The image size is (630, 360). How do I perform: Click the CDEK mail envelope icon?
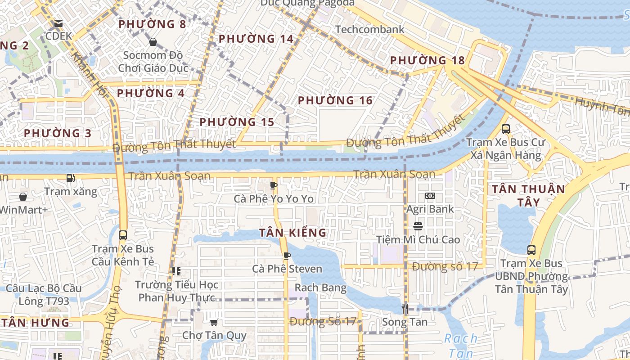coord(58,23)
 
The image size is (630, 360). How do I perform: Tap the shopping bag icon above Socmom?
coord(153,42)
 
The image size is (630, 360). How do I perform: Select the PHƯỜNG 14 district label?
coord(256,39)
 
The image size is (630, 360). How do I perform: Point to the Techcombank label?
coord(370,29)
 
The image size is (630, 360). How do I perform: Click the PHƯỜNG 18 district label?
coord(427,60)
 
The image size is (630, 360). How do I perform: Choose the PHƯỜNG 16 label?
coord(335,100)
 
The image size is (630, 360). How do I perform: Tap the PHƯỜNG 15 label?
coord(237,122)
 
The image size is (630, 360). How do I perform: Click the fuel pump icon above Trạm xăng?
coord(70,178)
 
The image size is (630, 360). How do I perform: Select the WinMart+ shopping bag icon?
coord(23,197)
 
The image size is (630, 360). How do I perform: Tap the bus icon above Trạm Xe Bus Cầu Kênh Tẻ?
coord(123,235)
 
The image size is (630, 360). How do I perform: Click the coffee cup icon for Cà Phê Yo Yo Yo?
coord(273,185)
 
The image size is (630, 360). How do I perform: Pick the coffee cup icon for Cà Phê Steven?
coord(287,256)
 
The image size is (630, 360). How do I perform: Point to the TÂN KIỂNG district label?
coord(292,233)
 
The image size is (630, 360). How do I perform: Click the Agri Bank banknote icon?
coord(430,196)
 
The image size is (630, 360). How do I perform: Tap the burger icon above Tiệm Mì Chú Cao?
coord(418,226)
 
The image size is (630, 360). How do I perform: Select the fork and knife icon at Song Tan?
coord(405,308)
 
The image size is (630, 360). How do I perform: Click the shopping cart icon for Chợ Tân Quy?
coord(214,322)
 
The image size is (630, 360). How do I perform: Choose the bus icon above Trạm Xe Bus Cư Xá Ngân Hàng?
coord(505,129)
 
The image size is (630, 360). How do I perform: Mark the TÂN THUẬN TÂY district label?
coord(528,195)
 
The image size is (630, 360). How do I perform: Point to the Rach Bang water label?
coord(320,288)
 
